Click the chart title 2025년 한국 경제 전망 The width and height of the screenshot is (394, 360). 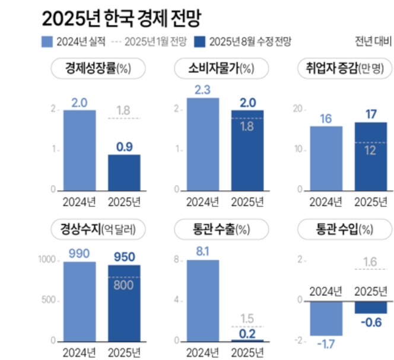click(120, 18)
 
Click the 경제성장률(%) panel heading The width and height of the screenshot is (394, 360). click(98, 69)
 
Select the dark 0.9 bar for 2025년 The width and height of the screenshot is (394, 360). click(124, 172)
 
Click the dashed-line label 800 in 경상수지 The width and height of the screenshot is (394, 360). click(124, 285)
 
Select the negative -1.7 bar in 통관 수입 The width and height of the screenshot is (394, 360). click(326, 318)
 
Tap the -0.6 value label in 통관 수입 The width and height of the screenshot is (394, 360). click(371, 323)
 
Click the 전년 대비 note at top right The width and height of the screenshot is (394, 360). click(373, 42)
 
